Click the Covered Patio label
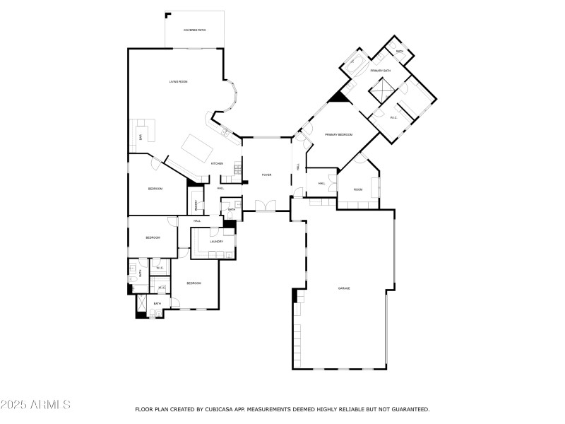(x=194, y=30)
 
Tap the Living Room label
(x=178, y=82)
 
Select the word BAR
(x=141, y=137)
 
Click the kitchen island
(x=198, y=148)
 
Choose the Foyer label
(x=266, y=175)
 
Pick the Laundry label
(x=216, y=242)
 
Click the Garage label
(x=344, y=288)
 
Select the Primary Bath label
(x=380, y=71)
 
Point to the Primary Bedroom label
(x=338, y=134)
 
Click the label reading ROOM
(x=358, y=189)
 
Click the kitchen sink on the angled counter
(x=224, y=131)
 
